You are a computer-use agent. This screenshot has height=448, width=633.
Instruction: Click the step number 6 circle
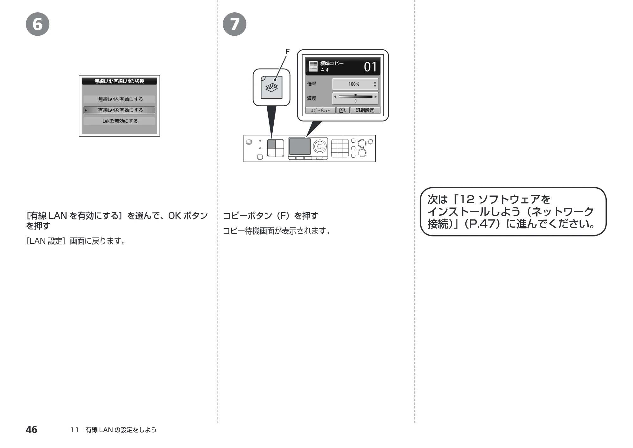click(38, 24)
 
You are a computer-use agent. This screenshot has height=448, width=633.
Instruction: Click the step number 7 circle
click(234, 24)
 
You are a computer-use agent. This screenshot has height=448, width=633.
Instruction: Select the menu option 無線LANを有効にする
click(119, 99)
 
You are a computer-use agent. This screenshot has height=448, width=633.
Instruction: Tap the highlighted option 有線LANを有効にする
click(119, 110)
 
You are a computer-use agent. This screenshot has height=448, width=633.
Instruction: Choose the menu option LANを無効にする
click(119, 121)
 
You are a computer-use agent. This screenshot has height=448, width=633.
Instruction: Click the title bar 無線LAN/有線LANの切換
click(119, 81)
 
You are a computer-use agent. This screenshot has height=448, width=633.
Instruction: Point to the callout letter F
click(288, 52)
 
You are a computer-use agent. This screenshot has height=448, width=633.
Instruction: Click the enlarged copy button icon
click(271, 87)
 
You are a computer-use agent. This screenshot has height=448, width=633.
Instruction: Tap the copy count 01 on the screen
click(370, 67)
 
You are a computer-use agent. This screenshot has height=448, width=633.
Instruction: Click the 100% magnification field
click(355, 84)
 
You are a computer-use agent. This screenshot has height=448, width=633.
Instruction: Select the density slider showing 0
click(355, 98)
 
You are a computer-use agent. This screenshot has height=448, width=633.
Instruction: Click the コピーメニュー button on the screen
click(320, 110)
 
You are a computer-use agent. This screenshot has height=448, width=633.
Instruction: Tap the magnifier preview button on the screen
click(343, 110)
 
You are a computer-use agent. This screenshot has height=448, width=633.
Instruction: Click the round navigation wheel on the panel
click(320, 146)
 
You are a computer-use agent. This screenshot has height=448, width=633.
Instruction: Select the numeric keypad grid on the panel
click(340, 148)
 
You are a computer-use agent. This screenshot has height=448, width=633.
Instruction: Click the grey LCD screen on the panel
click(300, 146)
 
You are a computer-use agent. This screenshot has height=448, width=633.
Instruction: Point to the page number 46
click(31, 430)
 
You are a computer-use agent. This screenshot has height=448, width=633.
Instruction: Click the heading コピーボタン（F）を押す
click(270, 216)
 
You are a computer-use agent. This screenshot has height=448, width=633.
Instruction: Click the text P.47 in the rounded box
click(481, 224)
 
